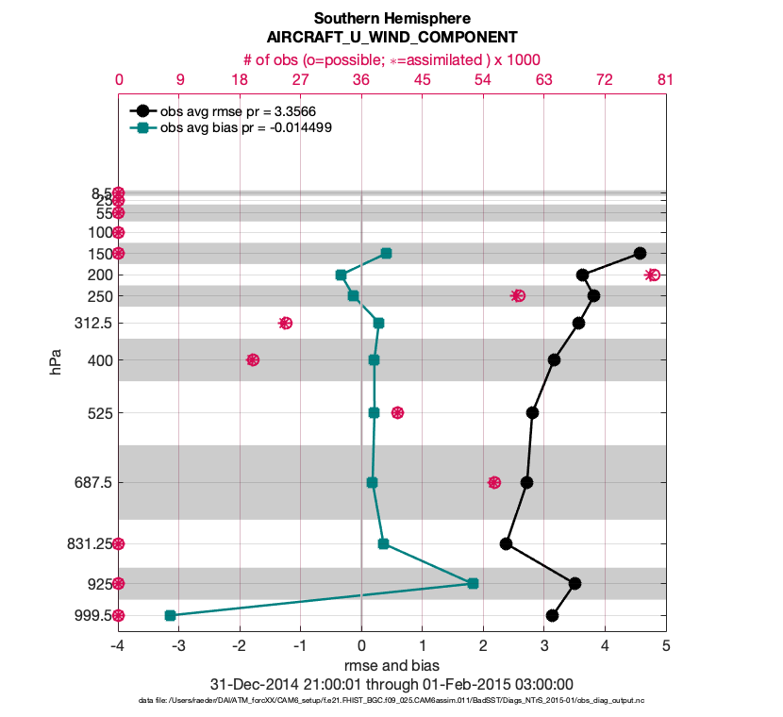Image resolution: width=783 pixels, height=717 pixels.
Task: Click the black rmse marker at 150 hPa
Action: [640, 253]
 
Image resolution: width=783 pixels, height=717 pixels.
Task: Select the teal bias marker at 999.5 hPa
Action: [170, 615]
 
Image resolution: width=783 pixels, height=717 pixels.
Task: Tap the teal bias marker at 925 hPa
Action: [473, 583]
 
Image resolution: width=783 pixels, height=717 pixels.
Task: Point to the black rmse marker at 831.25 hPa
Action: [506, 543]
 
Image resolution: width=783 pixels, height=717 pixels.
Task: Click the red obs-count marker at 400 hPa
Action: [253, 359]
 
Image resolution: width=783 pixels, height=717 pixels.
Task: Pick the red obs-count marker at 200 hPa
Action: [652, 275]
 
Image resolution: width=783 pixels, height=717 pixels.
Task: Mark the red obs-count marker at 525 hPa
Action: [397, 412]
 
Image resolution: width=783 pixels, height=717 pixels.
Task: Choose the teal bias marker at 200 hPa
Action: [341, 275]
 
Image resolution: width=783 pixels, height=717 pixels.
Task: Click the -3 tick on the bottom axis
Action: [178, 646]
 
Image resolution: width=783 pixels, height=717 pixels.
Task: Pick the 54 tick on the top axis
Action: [483, 80]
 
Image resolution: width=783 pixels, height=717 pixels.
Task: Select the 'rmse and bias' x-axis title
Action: [391, 665]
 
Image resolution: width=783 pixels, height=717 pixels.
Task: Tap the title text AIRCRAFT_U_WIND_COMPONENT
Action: [391, 38]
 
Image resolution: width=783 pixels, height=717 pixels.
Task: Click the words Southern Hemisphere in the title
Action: [391, 19]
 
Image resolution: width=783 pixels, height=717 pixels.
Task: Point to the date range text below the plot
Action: [391, 684]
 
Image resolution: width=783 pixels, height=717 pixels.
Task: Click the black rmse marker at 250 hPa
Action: [593, 295]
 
